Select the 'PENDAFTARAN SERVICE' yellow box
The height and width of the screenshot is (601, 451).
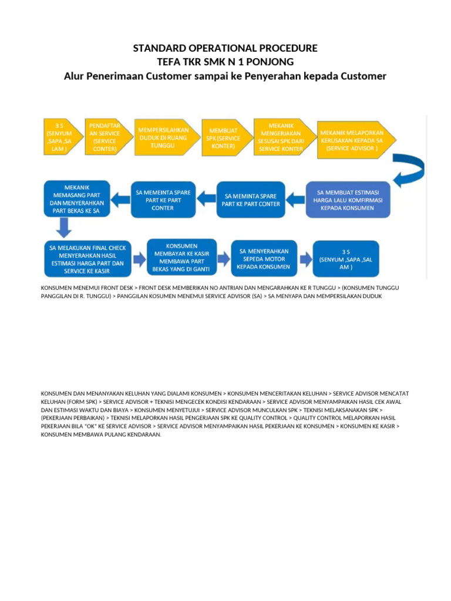(x=104, y=137)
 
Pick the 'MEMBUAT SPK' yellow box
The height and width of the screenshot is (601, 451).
(x=221, y=137)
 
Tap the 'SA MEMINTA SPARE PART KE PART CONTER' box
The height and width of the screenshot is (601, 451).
(x=251, y=200)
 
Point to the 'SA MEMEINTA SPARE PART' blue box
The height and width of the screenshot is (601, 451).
(x=163, y=200)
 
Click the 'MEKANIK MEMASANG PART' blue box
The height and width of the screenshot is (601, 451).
(x=77, y=199)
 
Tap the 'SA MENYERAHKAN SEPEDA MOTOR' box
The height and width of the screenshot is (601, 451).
(x=264, y=258)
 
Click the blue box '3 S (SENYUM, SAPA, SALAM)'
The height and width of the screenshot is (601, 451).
(x=345, y=258)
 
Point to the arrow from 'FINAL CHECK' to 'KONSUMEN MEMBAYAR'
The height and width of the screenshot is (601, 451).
(x=139, y=259)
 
